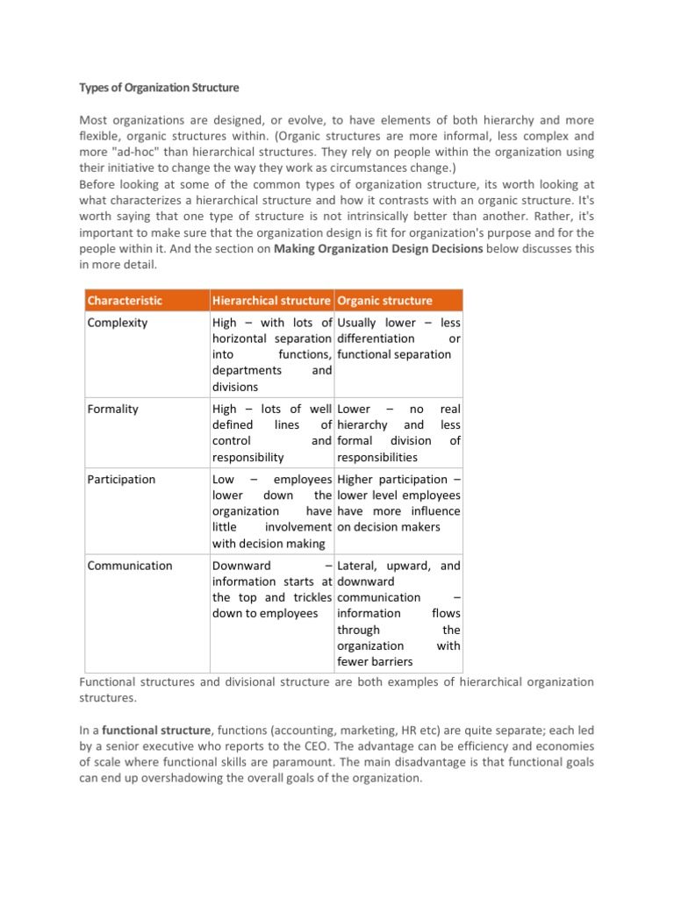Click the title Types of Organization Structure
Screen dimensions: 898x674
pyautogui.click(x=159, y=89)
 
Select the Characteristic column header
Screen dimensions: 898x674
pyautogui.click(x=125, y=300)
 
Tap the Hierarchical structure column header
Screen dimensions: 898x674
pyautogui.click(x=272, y=300)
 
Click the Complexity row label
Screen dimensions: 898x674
pyautogui.click(x=118, y=323)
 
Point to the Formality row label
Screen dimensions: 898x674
pyautogui.click(x=113, y=409)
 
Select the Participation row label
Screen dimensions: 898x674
pyautogui.click(x=121, y=479)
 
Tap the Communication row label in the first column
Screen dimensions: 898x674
pyautogui.click(x=130, y=566)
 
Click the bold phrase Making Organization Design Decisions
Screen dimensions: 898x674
pyautogui.click(x=378, y=249)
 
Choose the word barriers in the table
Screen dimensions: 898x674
pyautogui.click(x=389, y=661)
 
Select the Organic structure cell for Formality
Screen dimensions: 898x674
pyautogui.click(x=398, y=432)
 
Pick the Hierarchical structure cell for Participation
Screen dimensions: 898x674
pyautogui.click(x=272, y=510)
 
